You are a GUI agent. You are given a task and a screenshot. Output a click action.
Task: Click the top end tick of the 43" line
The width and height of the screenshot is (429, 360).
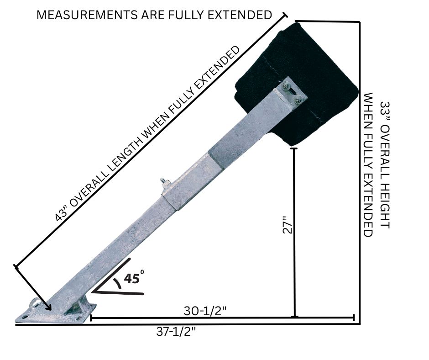coord(286,15)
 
